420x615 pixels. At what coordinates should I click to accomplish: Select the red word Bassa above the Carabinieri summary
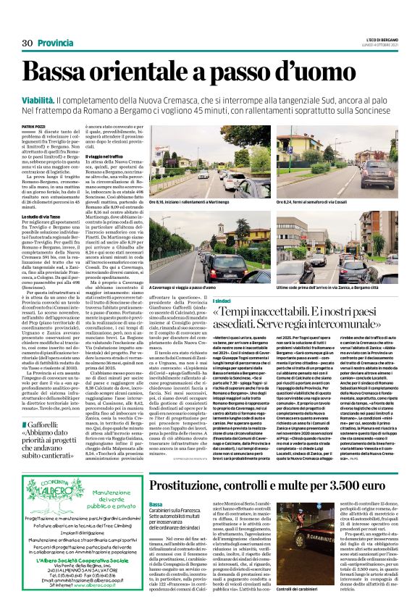pyautogui.click(x=156, y=483)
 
